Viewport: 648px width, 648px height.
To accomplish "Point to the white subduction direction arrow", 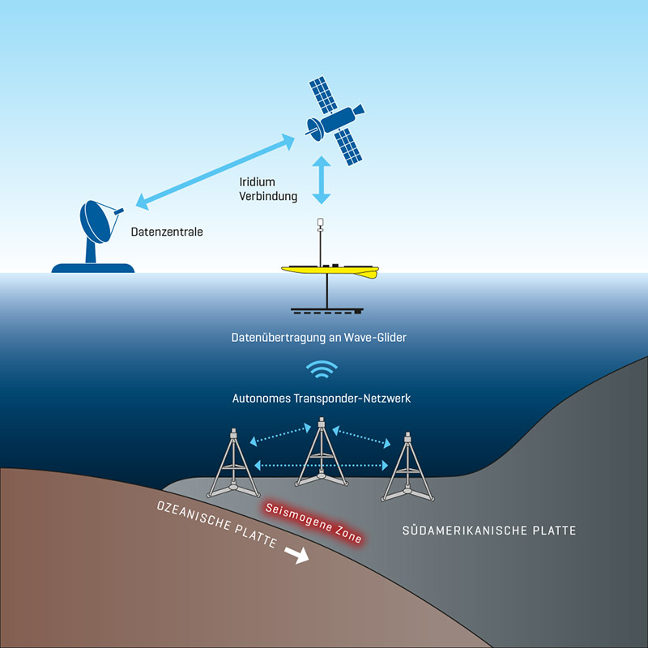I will (x=297, y=555).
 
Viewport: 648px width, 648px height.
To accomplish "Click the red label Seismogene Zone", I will (x=313, y=522).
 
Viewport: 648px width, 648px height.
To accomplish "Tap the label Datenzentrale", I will (x=167, y=232).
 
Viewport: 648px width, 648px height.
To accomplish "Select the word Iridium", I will (x=258, y=181).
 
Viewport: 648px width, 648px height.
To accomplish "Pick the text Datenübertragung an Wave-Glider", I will (x=323, y=336).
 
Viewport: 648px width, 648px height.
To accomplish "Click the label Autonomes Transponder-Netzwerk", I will (x=323, y=398).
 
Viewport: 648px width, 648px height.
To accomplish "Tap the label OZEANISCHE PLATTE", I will (x=218, y=525).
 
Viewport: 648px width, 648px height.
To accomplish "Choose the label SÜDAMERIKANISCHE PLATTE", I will (x=489, y=531).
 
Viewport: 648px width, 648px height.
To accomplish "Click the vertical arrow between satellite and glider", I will (x=322, y=180).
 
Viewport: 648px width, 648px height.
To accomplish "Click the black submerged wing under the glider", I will (x=327, y=309).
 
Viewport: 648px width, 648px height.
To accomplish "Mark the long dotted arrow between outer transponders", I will (x=322, y=465).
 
